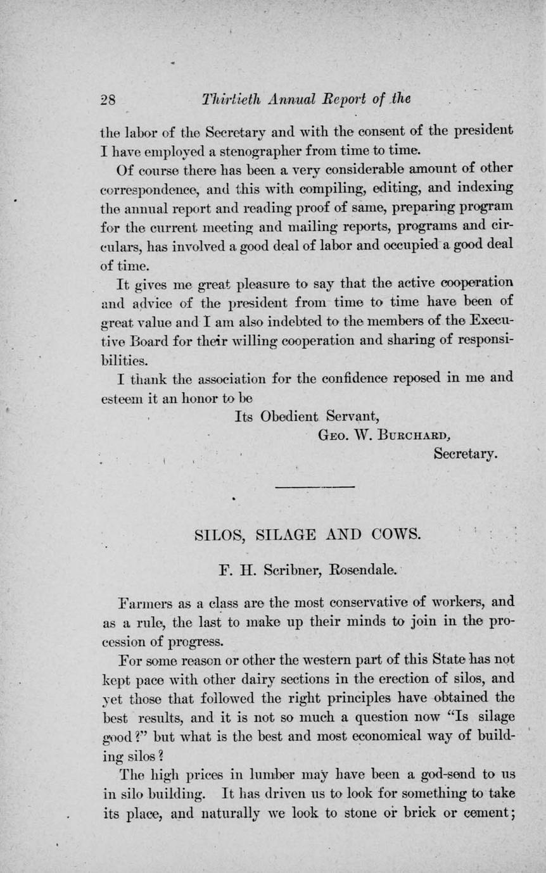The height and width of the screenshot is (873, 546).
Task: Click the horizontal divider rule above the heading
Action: pos(315,487)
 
